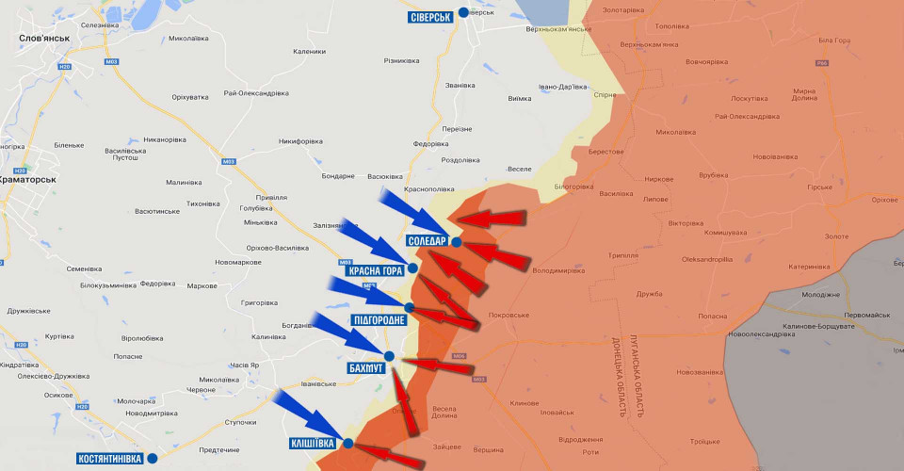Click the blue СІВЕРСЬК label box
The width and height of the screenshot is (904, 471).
[x=431, y=17]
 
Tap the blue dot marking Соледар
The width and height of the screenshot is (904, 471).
[x=456, y=242]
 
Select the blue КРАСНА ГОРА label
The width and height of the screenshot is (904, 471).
[x=376, y=270]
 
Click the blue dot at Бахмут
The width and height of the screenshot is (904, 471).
[x=389, y=355]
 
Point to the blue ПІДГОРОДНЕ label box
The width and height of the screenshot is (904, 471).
[x=379, y=320]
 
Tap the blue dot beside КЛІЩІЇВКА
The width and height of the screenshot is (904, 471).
[x=347, y=443]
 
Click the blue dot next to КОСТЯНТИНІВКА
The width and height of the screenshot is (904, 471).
[x=153, y=459]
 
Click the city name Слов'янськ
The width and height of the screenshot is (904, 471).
[x=44, y=38]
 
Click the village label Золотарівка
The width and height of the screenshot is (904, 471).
[x=623, y=9]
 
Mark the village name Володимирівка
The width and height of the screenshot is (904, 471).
[x=558, y=270]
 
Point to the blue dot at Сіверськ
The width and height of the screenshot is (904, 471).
[x=463, y=12]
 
